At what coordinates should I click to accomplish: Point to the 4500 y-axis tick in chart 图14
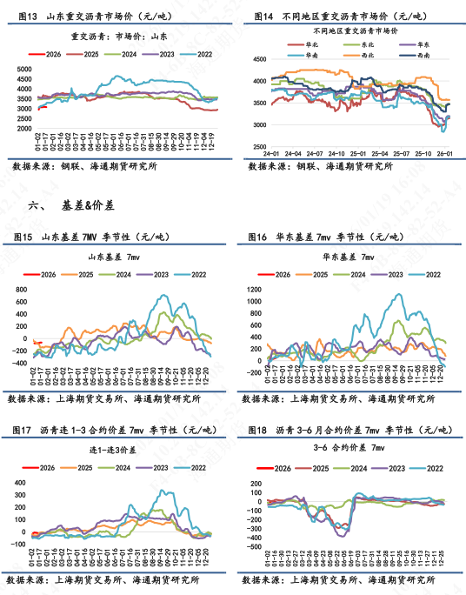click(255, 59)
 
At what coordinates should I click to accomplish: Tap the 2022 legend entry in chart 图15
click(196, 273)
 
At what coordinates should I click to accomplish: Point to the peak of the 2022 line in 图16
click(398, 294)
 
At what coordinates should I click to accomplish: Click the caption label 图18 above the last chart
click(257, 431)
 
